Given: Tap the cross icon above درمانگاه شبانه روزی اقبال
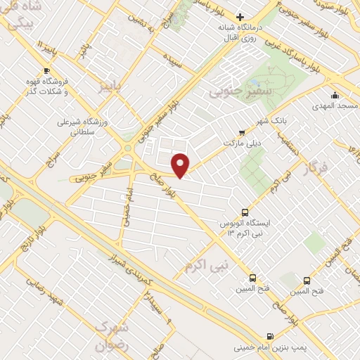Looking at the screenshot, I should pos(240,17).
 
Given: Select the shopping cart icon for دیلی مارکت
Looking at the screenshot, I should pos(243,131).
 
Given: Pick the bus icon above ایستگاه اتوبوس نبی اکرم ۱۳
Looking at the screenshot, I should pos(245,212).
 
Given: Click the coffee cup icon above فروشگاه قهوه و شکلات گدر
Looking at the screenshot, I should pos(46,70).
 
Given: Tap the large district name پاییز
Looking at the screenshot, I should pos(115,86).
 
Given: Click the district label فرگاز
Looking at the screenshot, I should pos(315,169).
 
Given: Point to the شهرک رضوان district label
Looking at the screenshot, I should pos(112,337).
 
